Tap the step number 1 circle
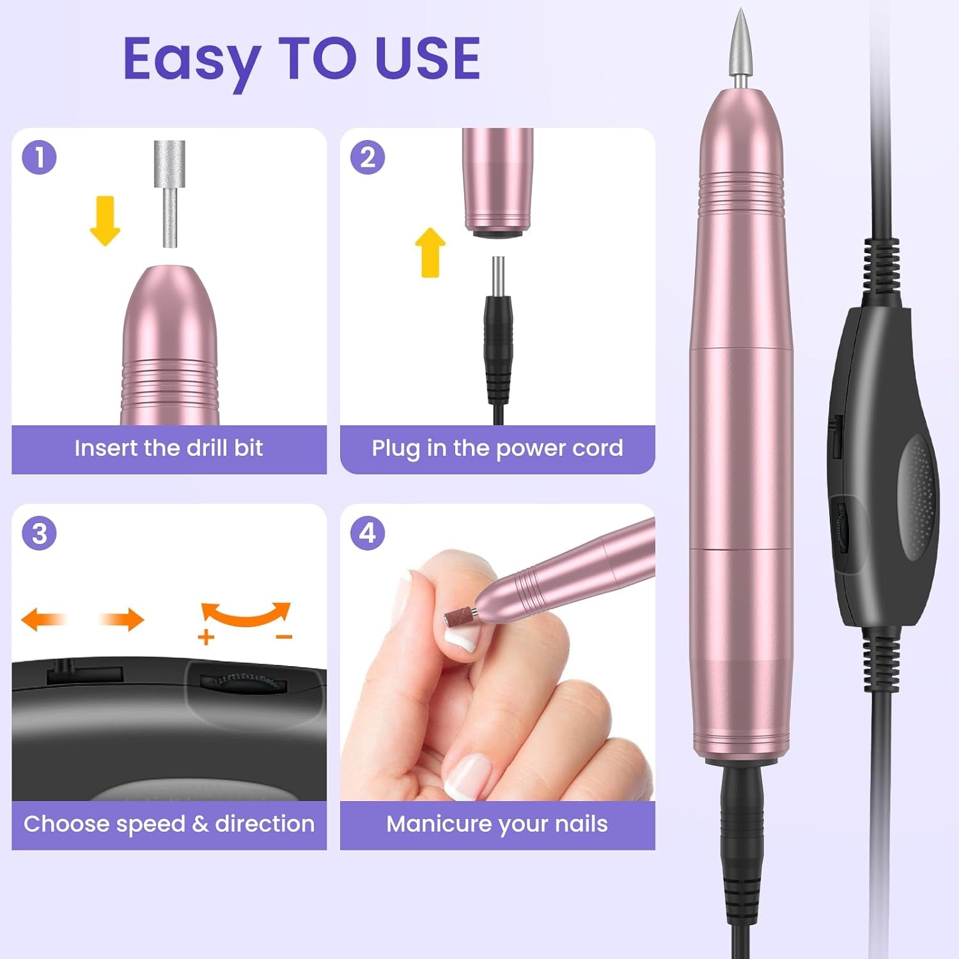(x=39, y=158)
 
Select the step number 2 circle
(x=368, y=158)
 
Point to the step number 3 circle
(x=39, y=534)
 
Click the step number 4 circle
(x=368, y=534)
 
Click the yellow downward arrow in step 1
(x=105, y=221)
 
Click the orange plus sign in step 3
(x=206, y=637)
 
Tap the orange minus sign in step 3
(x=284, y=637)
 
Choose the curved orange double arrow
(x=246, y=614)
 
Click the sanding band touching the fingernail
(x=457, y=617)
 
